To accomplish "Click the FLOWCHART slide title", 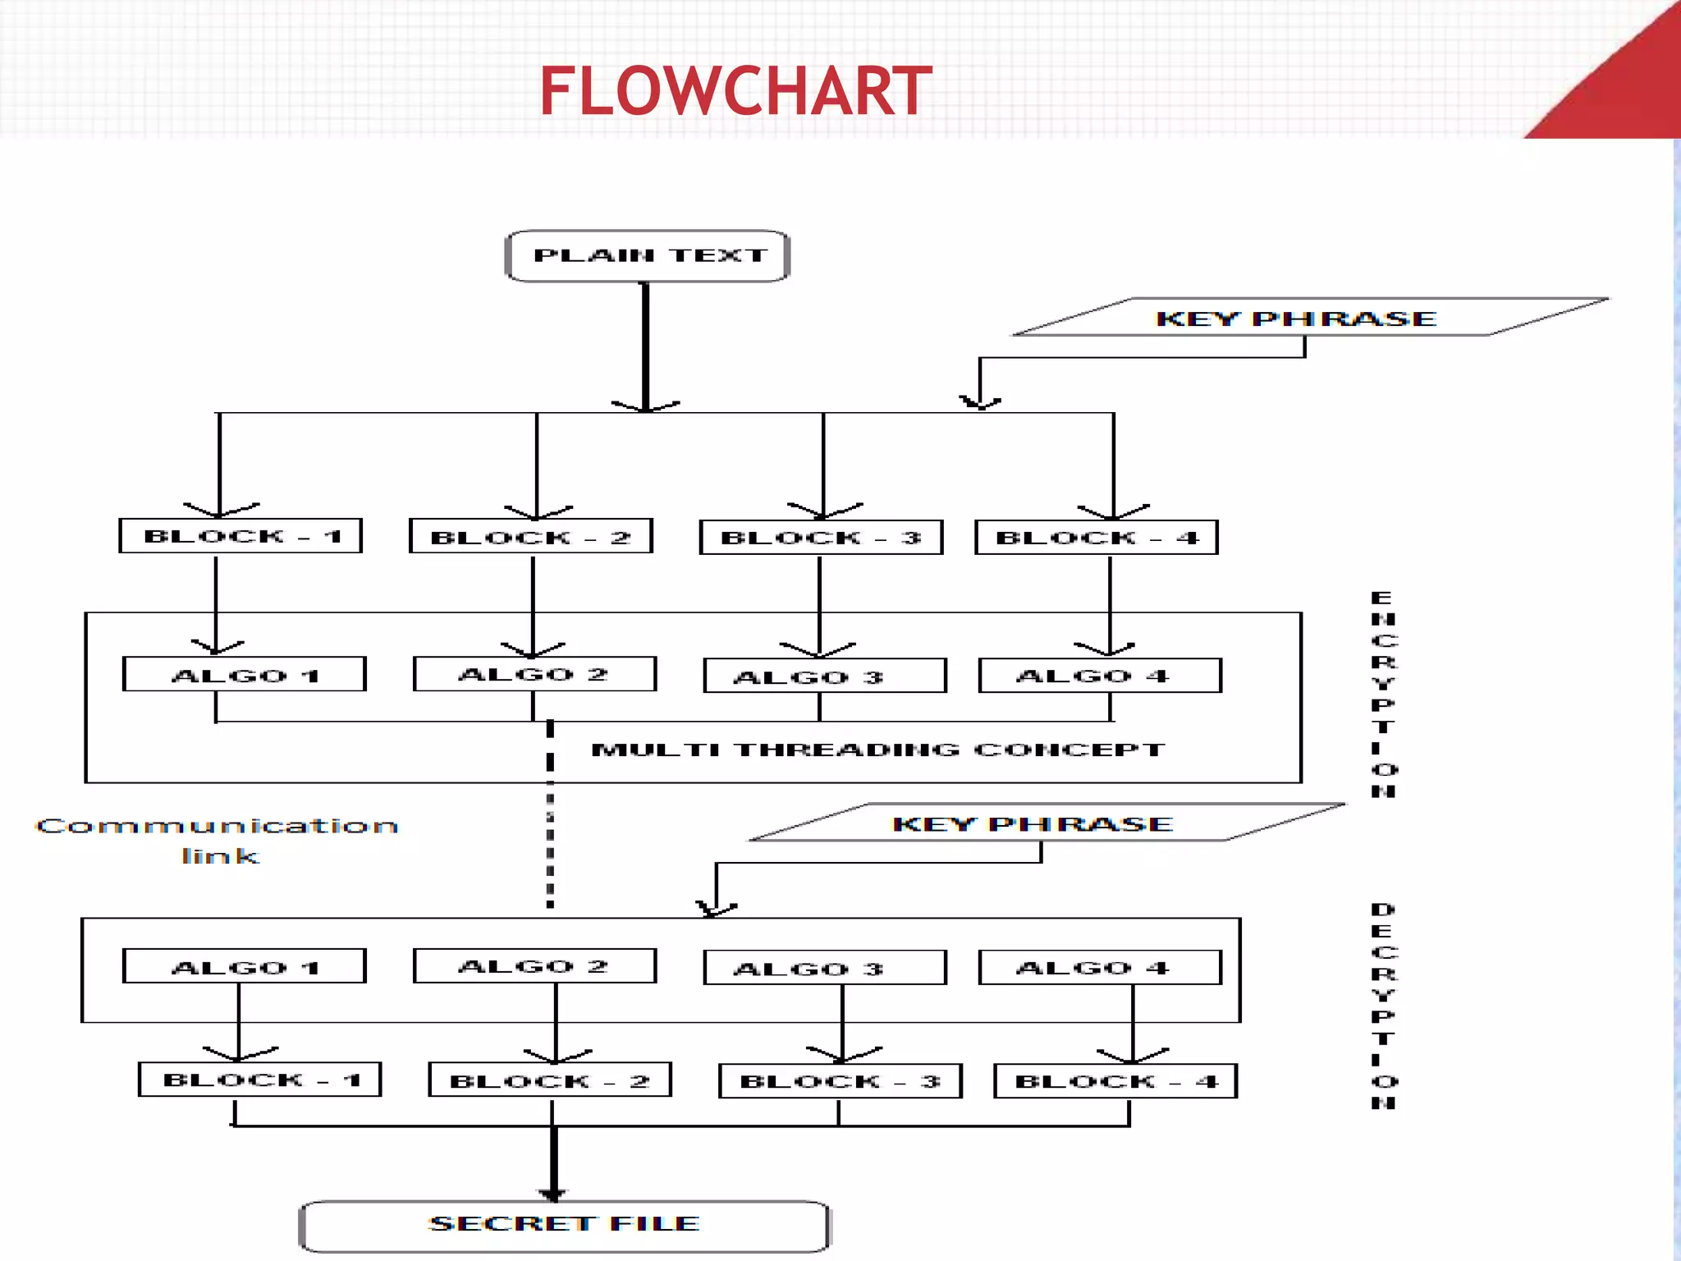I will [735, 91].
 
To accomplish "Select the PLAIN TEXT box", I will [648, 256].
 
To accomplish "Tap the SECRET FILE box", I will [565, 1225].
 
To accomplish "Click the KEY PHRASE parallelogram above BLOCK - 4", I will [1310, 318].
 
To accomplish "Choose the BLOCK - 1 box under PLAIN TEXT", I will [240, 536].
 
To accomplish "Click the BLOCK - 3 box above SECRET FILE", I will [840, 1081].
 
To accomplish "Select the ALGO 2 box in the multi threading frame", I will [534, 674].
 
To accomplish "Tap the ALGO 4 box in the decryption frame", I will [1100, 967].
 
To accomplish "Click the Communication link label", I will [218, 840].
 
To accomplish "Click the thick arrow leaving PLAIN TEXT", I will [646, 345].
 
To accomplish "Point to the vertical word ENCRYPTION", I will [1383, 694].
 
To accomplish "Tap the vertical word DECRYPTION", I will [1383, 1006].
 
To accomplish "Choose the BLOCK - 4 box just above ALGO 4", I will [1097, 538].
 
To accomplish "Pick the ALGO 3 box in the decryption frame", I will [825, 968].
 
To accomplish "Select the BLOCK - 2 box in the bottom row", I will [550, 1081].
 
